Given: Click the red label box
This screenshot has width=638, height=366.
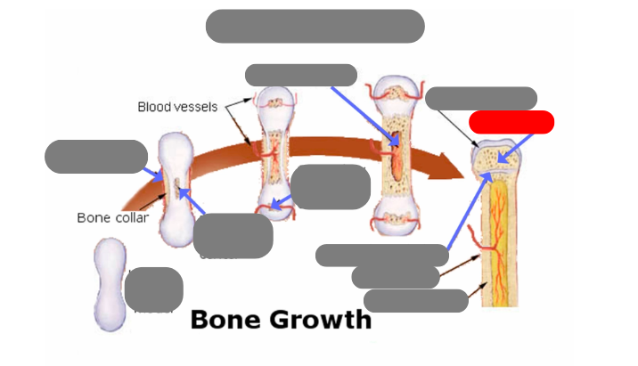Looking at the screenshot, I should click(511, 122).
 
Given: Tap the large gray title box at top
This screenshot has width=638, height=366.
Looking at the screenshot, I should click(315, 26).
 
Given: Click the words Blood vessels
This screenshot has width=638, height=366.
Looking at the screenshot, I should click(177, 107).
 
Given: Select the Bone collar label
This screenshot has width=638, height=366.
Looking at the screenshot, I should click(112, 217).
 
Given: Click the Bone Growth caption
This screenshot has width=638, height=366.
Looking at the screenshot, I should click(281, 319).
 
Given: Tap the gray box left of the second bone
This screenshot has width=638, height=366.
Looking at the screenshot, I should click(95, 156).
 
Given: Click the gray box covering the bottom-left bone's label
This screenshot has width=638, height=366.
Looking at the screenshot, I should click(153, 289).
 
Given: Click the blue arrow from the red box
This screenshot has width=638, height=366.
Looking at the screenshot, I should click(517, 148).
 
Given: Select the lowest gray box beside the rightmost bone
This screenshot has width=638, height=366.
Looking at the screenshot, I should click(415, 301).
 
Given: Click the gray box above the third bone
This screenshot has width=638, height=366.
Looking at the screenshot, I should click(300, 75).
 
